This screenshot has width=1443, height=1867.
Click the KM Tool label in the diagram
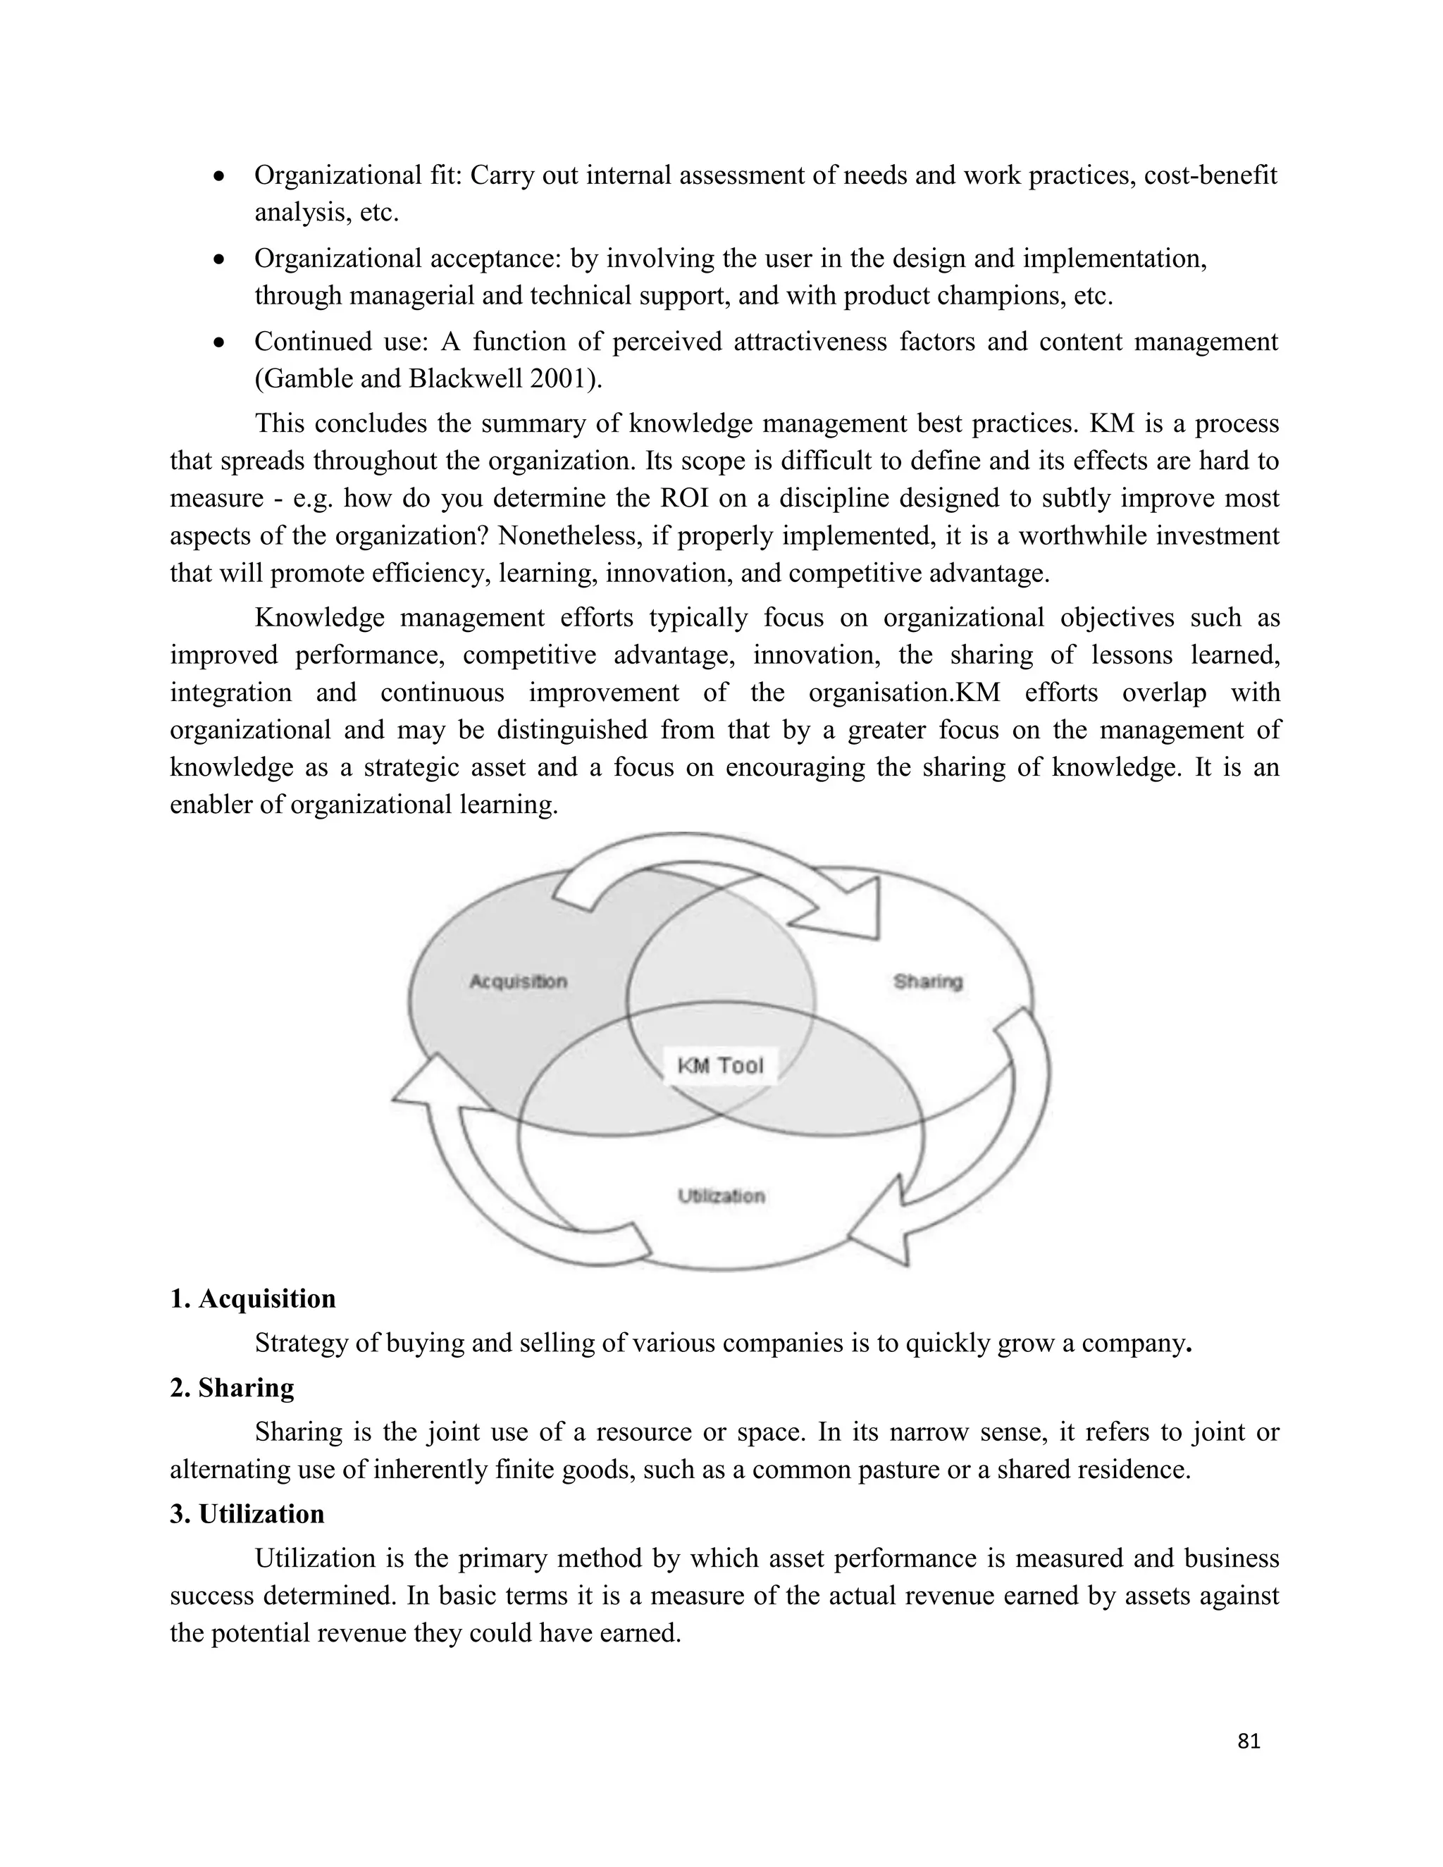tap(720, 1065)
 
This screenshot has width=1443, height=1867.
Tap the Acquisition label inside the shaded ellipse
tap(518, 981)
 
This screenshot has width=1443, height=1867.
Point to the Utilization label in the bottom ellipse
tap(721, 1196)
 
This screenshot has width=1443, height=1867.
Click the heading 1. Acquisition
tap(253, 1298)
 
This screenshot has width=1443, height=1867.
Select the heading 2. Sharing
tap(232, 1387)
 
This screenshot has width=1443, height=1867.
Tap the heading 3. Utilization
tap(247, 1514)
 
